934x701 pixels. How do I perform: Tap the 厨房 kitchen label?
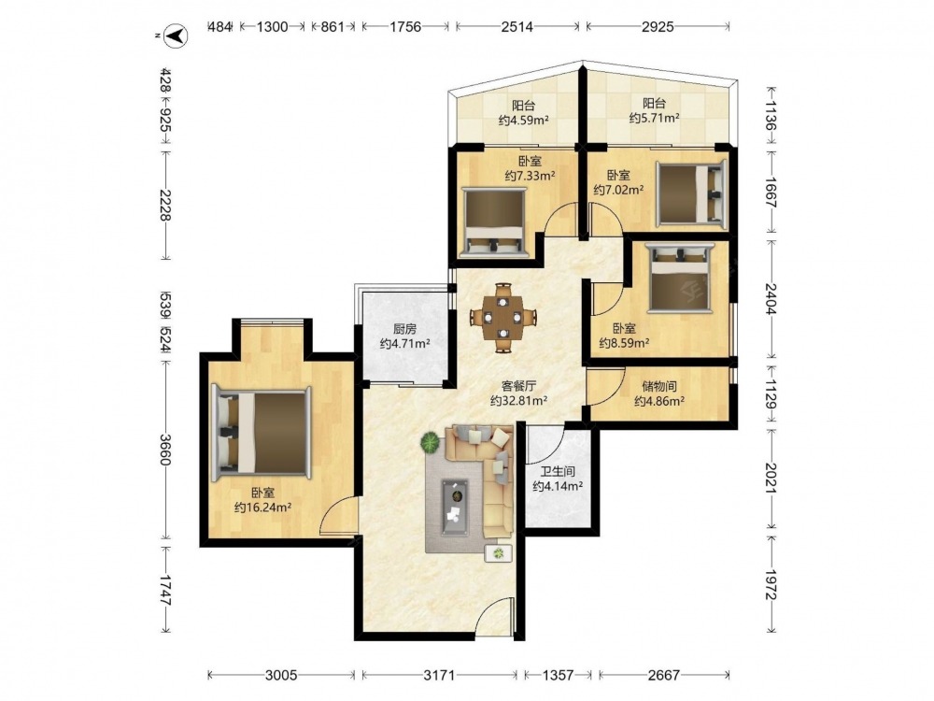[x=404, y=328]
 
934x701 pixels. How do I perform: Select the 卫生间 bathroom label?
[x=559, y=471]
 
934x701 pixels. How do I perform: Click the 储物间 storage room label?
[x=658, y=386]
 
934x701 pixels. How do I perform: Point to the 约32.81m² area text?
[x=518, y=401]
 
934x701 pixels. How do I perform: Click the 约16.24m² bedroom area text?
[x=262, y=508]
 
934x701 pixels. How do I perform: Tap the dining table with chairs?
[x=503, y=317]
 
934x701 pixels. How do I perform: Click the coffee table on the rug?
[x=455, y=507]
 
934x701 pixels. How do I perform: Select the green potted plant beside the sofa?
[x=430, y=443]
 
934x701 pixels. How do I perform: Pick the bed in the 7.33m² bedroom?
[x=494, y=222]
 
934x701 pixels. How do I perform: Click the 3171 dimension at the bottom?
[x=439, y=675]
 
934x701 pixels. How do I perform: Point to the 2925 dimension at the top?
[x=658, y=26]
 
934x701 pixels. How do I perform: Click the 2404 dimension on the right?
[x=771, y=299]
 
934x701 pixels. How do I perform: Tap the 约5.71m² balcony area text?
[x=654, y=118]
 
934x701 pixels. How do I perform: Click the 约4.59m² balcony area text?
[x=524, y=121]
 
